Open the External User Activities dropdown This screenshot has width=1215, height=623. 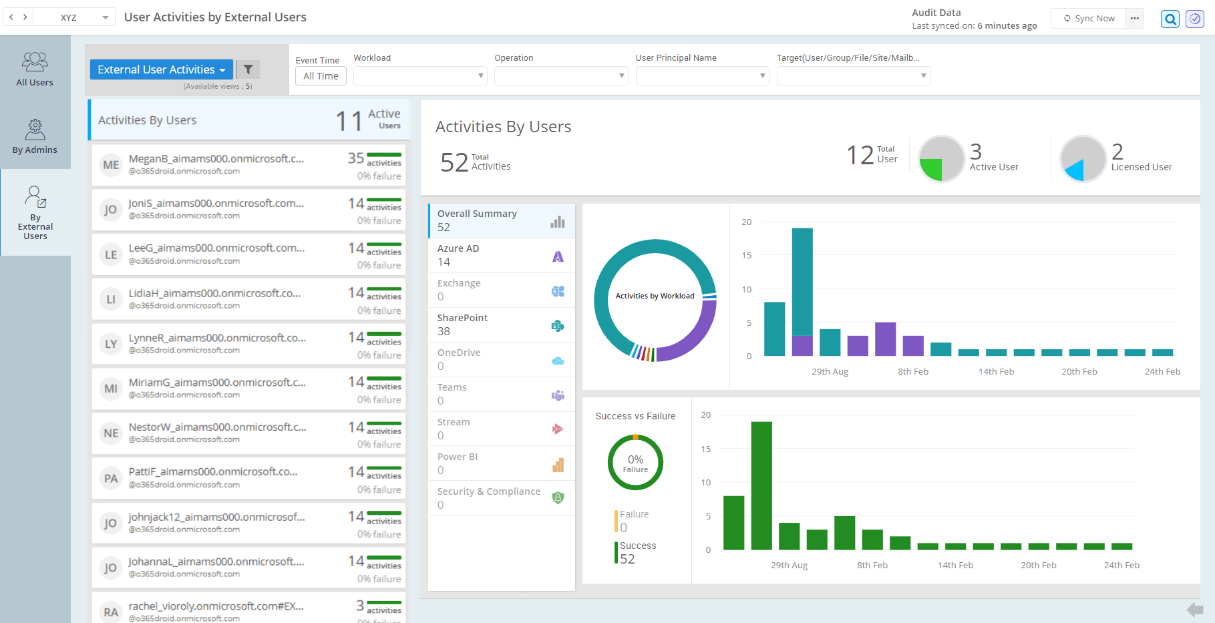[x=161, y=69]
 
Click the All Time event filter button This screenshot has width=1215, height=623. [x=321, y=76]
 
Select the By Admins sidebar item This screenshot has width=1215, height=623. [x=35, y=136]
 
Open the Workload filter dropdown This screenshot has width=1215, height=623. [x=419, y=76]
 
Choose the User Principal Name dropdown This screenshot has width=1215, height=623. [x=701, y=76]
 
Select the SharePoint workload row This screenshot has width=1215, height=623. [x=501, y=325]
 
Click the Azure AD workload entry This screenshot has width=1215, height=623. [x=501, y=255]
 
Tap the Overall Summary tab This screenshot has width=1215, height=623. [x=501, y=220]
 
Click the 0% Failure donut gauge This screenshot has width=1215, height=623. [x=635, y=463]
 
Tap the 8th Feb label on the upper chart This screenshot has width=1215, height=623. [x=912, y=372]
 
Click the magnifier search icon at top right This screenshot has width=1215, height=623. [x=1170, y=19]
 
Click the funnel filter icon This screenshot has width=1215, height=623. [x=248, y=69]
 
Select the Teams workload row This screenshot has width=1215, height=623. [x=501, y=394]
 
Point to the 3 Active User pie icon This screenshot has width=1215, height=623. [x=941, y=159]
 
